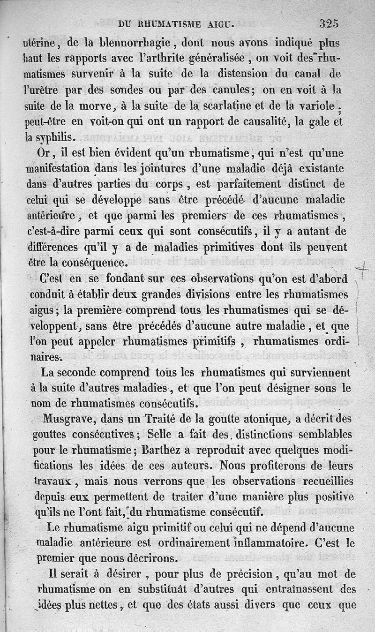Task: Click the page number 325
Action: tap(329, 23)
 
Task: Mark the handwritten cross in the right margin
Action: tap(361, 270)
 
